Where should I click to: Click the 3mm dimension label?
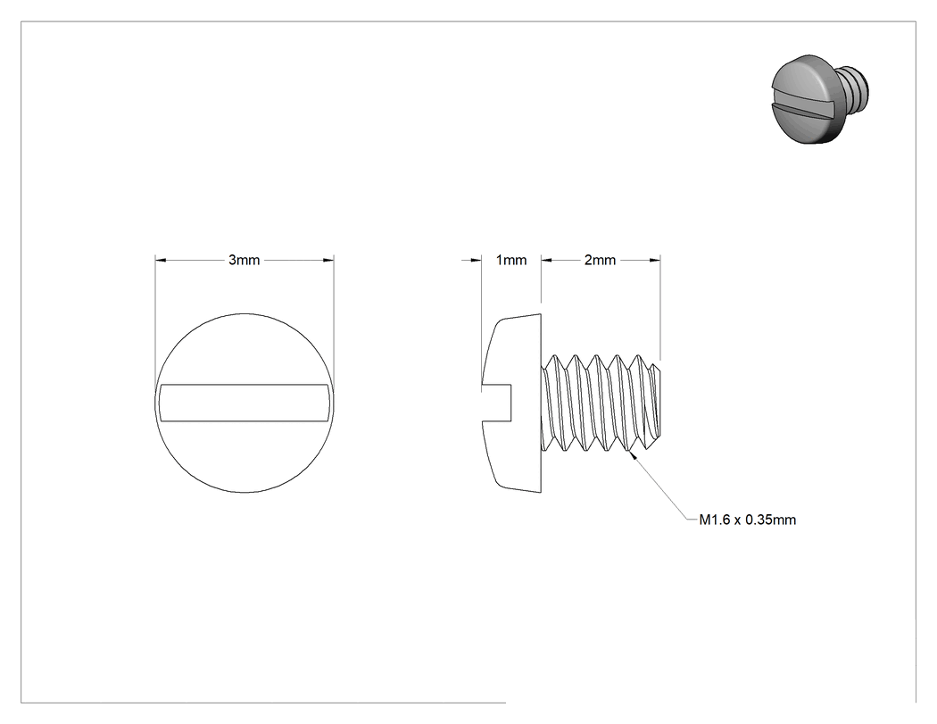click(244, 260)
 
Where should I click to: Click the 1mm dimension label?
click(511, 260)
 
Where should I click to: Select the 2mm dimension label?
click(600, 260)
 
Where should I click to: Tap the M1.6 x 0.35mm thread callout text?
click(748, 520)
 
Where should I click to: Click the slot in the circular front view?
click(245, 403)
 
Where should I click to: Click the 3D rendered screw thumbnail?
click(820, 98)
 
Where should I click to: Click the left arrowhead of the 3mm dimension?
click(160, 260)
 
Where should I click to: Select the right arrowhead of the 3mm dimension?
click(328, 260)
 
